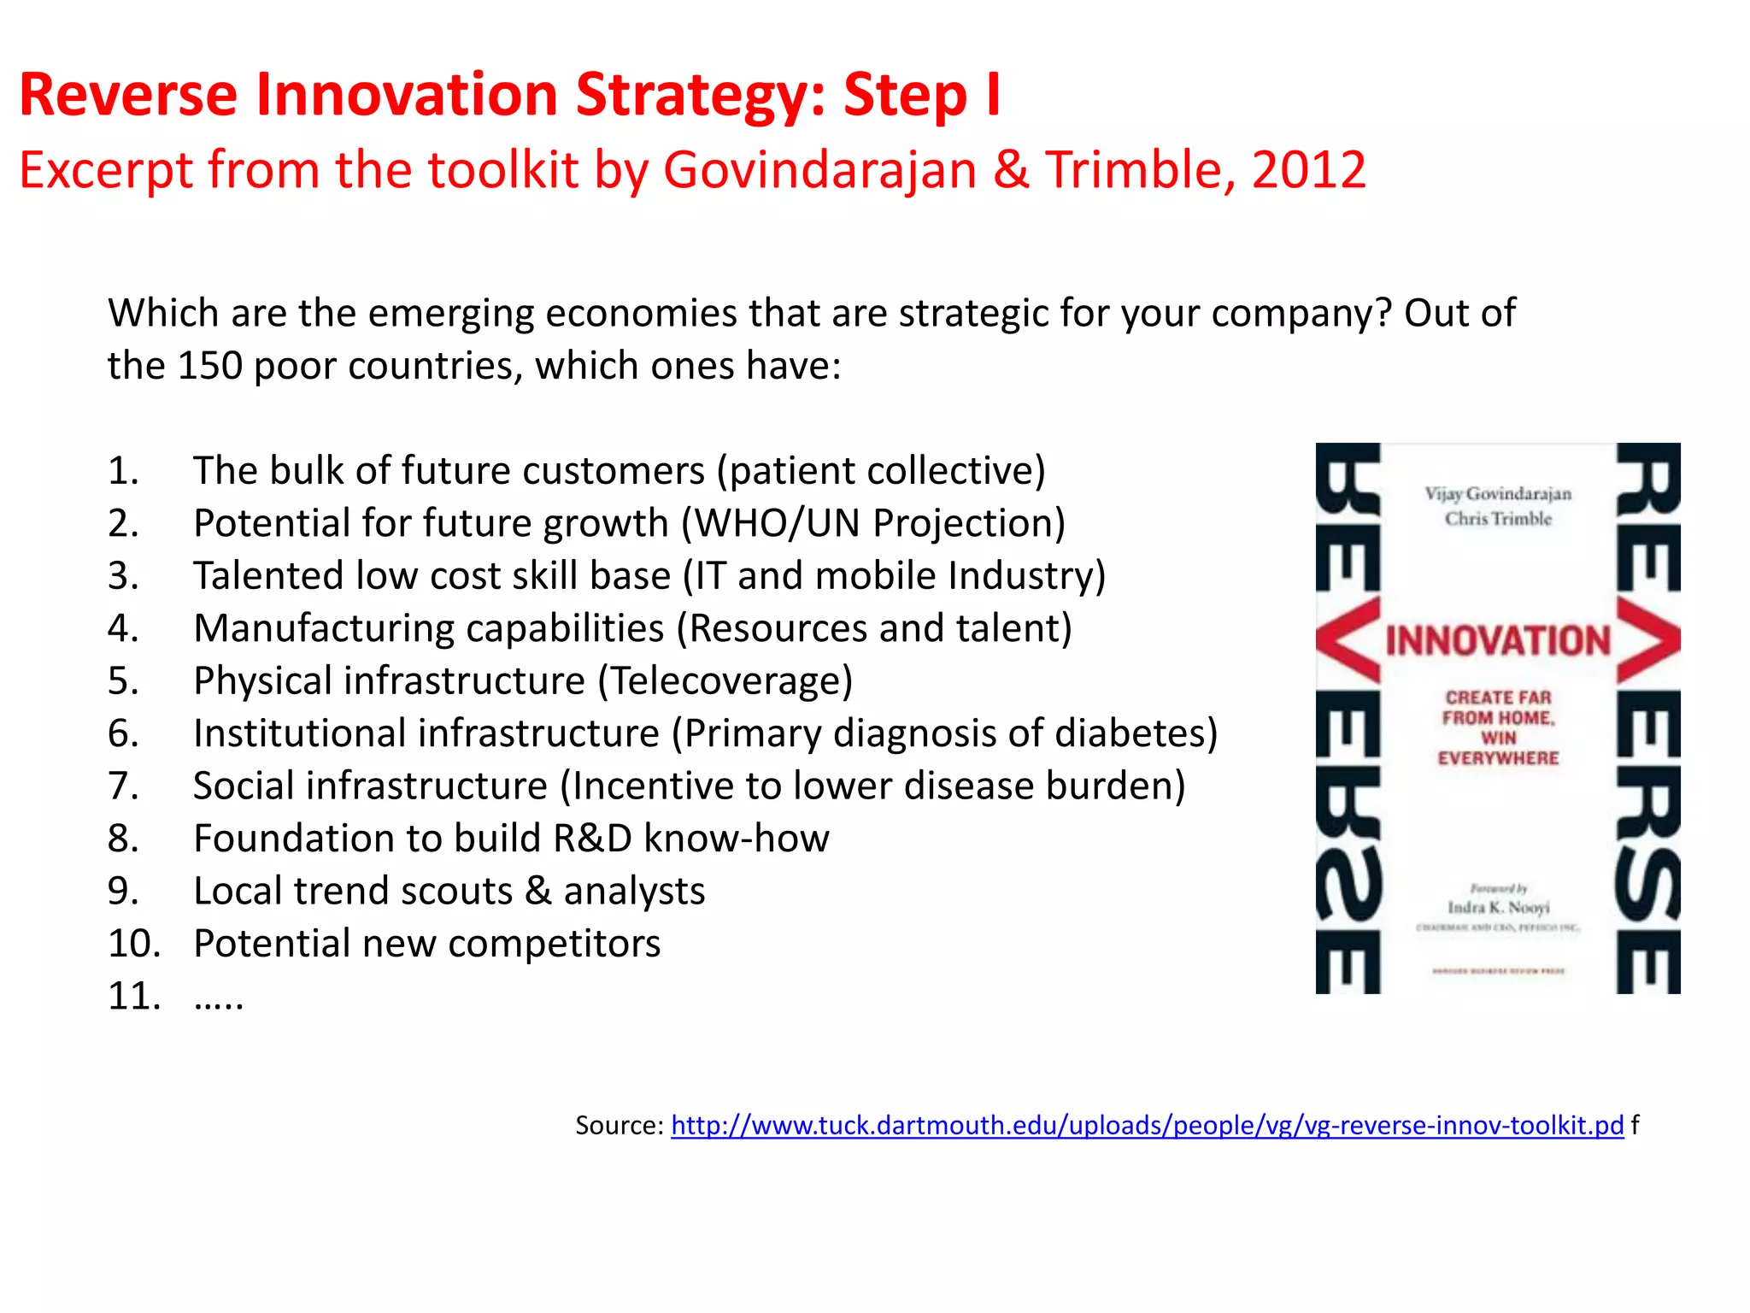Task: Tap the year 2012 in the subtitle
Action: (x=1308, y=170)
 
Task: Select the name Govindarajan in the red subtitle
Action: (x=819, y=170)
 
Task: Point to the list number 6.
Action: (x=123, y=733)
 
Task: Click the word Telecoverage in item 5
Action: (x=725, y=681)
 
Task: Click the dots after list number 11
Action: (x=219, y=997)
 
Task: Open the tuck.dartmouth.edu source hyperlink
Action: (x=1147, y=1125)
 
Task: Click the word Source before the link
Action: (x=619, y=1125)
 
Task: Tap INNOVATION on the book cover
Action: (x=1497, y=641)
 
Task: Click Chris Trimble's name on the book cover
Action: (x=1498, y=519)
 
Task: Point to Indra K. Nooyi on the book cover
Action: (x=1498, y=907)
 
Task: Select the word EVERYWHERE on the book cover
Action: (x=1498, y=758)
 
